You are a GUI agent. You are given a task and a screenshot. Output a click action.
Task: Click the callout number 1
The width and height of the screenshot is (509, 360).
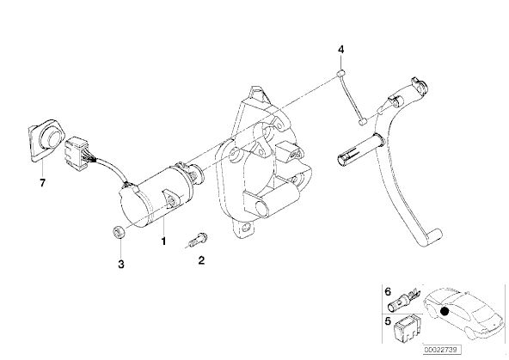[x=163, y=241]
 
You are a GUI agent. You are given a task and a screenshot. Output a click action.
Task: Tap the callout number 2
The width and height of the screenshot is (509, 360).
[x=201, y=260]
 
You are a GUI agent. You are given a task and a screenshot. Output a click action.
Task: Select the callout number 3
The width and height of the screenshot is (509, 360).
[x=120, y=265]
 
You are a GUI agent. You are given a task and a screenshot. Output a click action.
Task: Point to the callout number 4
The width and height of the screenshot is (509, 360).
[x=340, y=50]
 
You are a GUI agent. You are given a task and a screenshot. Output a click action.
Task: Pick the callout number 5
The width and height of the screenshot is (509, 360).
[x=388, y=321]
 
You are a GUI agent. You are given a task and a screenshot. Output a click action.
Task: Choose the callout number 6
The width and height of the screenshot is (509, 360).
[x=388, y=291]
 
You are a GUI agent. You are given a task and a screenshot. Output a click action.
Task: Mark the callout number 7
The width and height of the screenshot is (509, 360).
[x=42, y=183]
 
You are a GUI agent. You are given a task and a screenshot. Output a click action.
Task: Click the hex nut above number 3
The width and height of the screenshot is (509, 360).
[x=118, y=233]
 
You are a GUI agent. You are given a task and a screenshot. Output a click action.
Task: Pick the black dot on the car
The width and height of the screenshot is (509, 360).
[x=445, y=311]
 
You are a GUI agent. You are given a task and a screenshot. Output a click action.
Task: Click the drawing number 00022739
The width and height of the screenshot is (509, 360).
[x=441, y=350]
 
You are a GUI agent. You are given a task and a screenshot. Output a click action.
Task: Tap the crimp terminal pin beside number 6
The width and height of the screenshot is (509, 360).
[x=405, y=298]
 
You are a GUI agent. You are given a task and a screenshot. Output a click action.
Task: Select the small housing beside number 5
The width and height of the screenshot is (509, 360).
[x=408, y=329]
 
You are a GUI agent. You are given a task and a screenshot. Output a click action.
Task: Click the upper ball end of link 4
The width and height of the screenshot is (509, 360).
[x=340, y=74]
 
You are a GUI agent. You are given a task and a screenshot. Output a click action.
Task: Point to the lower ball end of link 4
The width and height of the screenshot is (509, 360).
[x=363, y=122]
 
